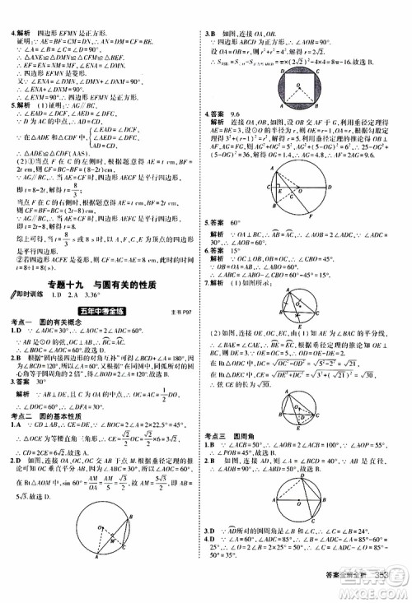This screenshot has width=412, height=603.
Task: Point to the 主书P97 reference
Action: pos(183,313)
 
